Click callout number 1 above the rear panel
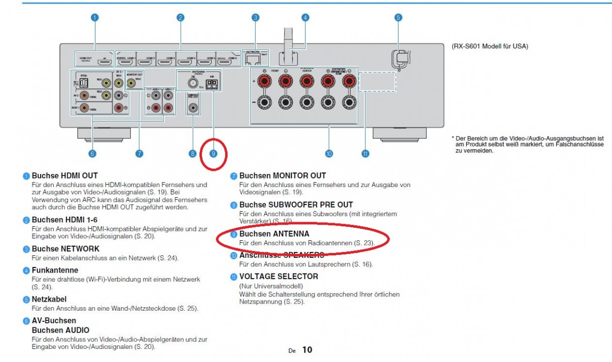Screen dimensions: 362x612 (94, 18)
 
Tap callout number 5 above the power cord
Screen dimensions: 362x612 (398, 18)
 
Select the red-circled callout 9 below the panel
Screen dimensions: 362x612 (214, 154)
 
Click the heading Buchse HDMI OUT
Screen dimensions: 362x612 (64, 176)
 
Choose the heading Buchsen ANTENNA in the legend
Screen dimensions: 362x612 (274, 234)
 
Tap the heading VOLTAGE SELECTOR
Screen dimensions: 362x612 (278, 276)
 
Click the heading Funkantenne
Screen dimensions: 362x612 (55, 270)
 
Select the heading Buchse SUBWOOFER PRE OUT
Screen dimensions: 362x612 (296, 205)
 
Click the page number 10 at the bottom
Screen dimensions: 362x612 (307, 349)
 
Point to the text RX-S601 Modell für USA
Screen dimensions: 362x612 (490, 46)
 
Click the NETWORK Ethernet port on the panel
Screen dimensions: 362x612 (252, 58)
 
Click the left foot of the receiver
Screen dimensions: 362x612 (104, 133)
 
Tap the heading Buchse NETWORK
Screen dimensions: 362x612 (65, 248)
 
